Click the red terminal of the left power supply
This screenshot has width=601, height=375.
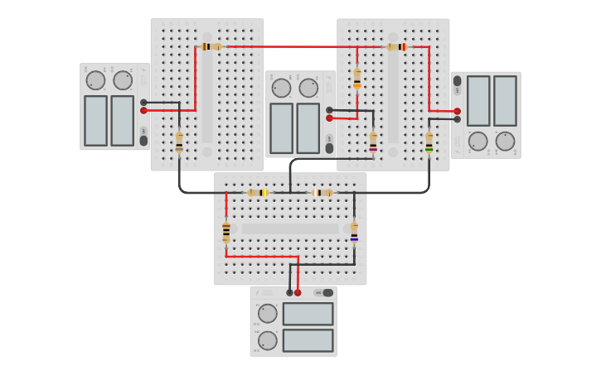click(143, 110)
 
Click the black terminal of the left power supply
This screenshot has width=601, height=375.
click(143, 102)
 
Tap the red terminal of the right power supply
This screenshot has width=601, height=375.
click(457, 111)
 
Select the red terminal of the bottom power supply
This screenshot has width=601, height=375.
click(298, 292)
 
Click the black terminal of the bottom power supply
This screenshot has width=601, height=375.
click(289, 292)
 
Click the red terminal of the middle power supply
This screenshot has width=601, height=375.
click(329, 118)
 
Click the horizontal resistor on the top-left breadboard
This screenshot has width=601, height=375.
click(211, 46)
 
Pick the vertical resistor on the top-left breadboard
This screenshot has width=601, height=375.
click(179, 142)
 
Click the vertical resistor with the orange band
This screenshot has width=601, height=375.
click(357, 78)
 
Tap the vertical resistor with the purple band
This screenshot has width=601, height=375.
click(373, 142)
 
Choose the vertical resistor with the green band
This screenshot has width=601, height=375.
click(429, 142)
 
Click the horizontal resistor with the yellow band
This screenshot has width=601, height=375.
click(258, 193)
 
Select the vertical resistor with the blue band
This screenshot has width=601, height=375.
click(354, 232)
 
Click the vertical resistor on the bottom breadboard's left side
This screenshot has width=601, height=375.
click(226, 232)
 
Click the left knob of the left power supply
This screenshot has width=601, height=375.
click(96, 80)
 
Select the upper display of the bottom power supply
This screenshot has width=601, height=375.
click(308, 314)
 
